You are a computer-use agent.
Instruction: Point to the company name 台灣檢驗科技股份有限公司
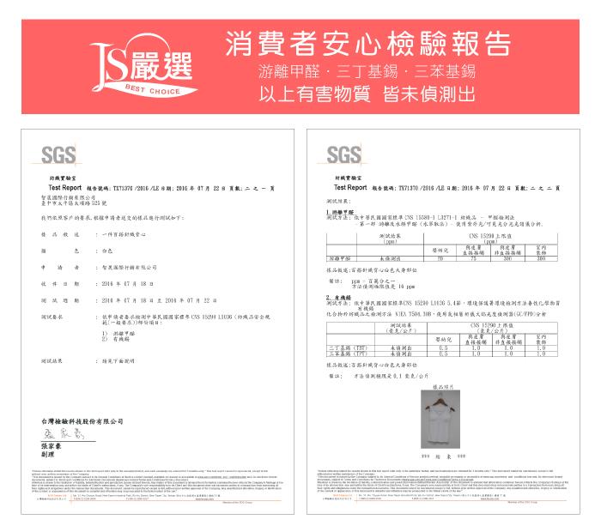pos(83,420)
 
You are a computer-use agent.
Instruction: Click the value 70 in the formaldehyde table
pos(440,257)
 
